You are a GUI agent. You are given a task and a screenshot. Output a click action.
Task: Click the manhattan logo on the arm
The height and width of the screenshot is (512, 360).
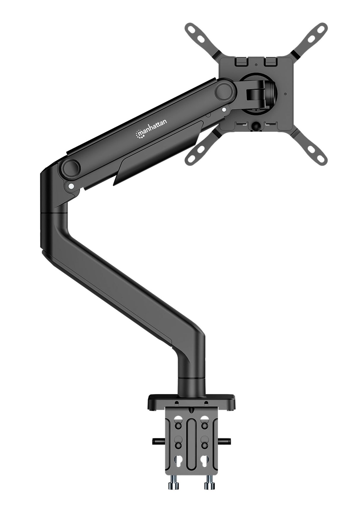tap(151, 128)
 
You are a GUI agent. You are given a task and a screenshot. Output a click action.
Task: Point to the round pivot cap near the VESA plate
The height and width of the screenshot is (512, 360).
tap(224, 91)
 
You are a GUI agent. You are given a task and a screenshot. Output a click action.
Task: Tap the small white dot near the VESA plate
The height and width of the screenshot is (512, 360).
tap(224, 110)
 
